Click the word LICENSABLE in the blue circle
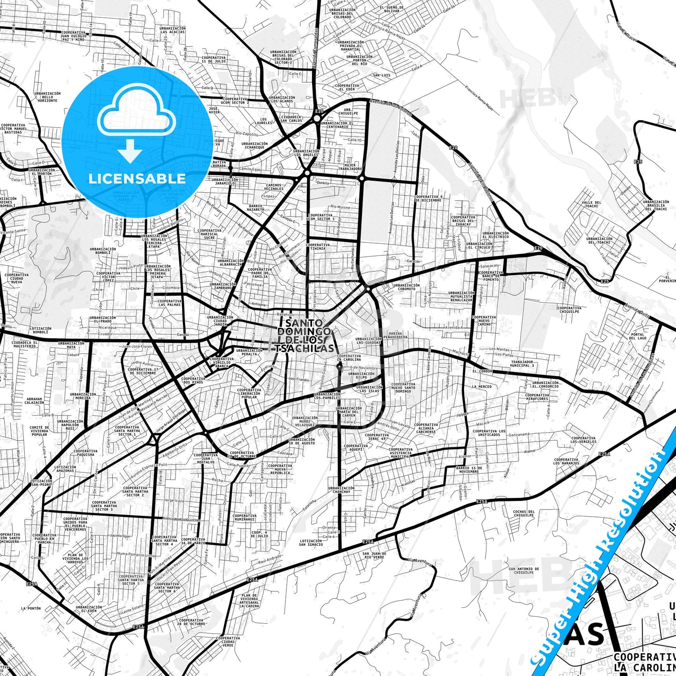coord(137,178)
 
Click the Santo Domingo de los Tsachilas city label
coord(305,335)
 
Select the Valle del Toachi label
coord(591,204)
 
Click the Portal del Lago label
coord(637,336)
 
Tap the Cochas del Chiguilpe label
coord(523,513)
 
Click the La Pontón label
coord(31,609)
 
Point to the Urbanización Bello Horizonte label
coord(48,97)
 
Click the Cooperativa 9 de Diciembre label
coord(428,198)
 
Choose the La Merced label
coord(481,387)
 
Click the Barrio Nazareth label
coord(256,208)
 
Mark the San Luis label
coord(381,75)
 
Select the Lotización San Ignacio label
coord(311,543)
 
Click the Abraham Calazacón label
coord(34,401)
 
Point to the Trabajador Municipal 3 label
coord(522,363)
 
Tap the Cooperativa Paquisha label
coord(84,452)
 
